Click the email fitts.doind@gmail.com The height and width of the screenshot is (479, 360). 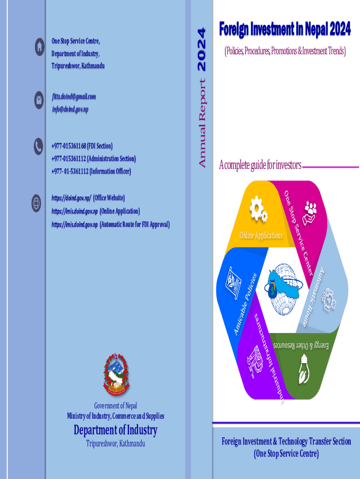tap(73, 97)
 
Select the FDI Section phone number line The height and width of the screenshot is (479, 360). tap(82, 146)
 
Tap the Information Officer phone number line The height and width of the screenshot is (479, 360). tap(91, 171)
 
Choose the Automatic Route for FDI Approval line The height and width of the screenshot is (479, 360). tap(110, 225)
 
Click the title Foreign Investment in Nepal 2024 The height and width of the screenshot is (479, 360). tap(285, 30)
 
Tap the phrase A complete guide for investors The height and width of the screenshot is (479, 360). tap(260, 165)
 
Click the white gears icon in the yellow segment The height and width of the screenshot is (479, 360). tap(258, 210)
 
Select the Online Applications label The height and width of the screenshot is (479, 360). tap(261, 235)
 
